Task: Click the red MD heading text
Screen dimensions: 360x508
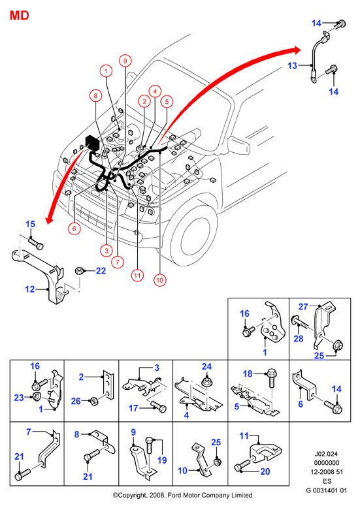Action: (20, 15)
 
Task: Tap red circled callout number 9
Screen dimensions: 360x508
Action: (125, 61)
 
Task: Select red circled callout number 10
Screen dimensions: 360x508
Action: (159, 280)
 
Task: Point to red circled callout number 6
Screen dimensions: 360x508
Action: (74, 229)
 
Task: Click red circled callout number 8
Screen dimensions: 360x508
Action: (95, 95)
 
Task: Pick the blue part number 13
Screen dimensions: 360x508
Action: (292, 66)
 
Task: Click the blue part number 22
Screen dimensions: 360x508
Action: (101, 271)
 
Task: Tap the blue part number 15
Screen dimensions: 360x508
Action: (30, 224)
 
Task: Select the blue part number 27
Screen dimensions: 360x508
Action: (303, 306)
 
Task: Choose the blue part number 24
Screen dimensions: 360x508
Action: (206, 366)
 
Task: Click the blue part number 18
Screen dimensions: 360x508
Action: (248, 373)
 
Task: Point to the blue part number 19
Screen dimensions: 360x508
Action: (162, 460)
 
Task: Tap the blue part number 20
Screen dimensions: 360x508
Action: (265, 471)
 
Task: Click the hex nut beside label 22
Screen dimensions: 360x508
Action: (79, 270)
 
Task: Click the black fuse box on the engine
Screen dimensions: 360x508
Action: (91, 143)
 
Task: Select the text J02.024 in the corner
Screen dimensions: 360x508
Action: (326, 454)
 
